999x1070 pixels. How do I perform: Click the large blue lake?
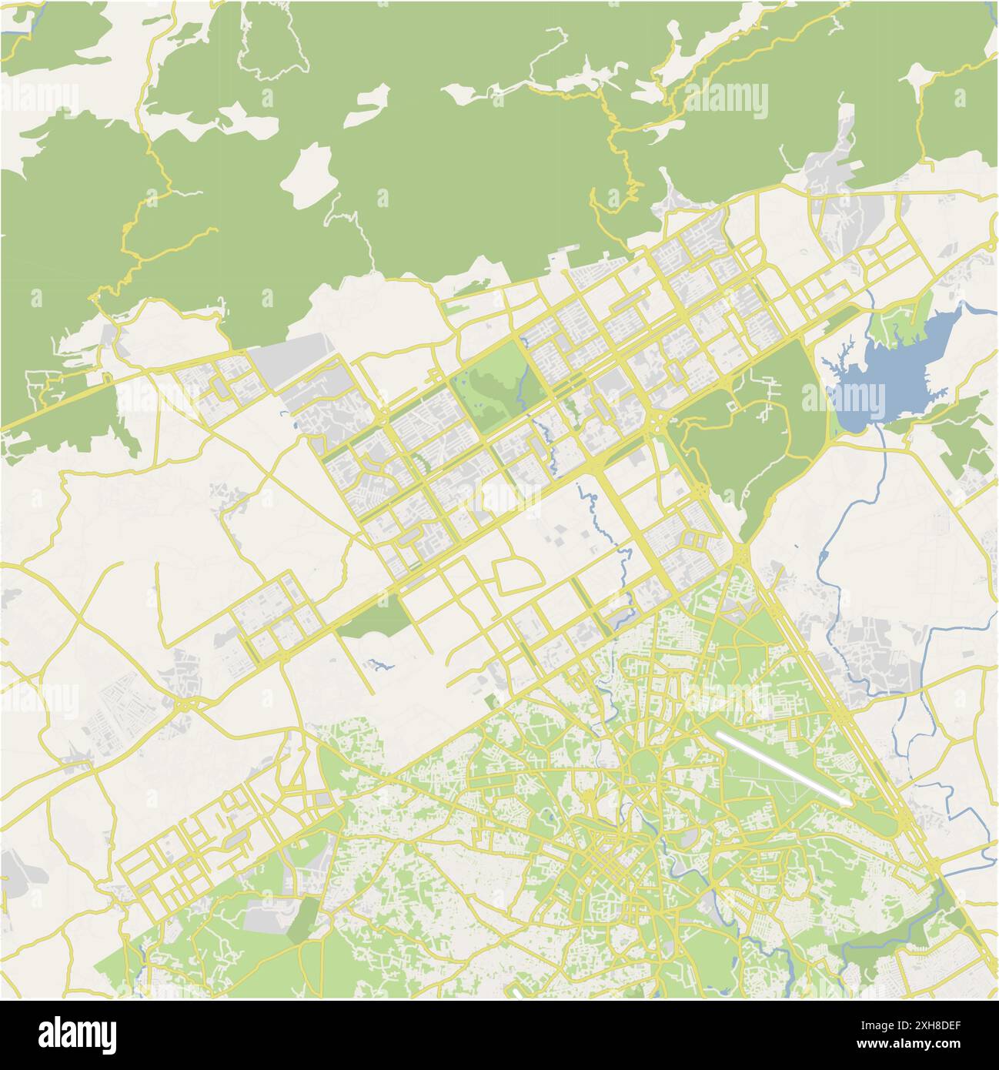(x=908, y=362)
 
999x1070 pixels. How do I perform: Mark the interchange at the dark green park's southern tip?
(x=740, y=553)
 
